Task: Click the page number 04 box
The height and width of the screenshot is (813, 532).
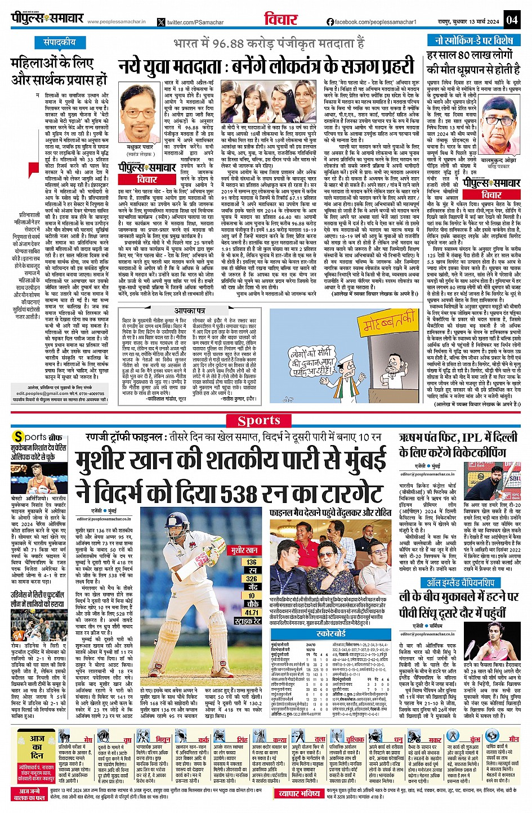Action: pyautogui.click(x=511, y=20)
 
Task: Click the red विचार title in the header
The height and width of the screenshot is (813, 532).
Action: pyautogui.click(x=280, y=19)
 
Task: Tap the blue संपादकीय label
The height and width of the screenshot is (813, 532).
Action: pyautogui.click(x=60, y=42)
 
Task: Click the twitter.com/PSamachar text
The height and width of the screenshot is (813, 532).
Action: pyautogui.click(x=189, y=22)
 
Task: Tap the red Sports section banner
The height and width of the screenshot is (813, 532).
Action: pyautogui.click(x=258, y=420)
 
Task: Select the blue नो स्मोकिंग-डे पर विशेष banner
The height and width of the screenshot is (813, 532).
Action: pyautogui.click(x=473, y=41)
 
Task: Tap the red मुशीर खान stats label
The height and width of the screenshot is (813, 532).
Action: pyautogui.click(x=244, y=550)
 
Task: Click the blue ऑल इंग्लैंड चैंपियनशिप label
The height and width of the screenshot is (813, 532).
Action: pyautogui.click(x=461, y=582)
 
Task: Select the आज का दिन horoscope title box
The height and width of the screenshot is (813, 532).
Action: pyautogui.click(x=38, y=743)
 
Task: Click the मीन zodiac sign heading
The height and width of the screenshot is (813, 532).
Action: pyautogui.click(x=513, y=739)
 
